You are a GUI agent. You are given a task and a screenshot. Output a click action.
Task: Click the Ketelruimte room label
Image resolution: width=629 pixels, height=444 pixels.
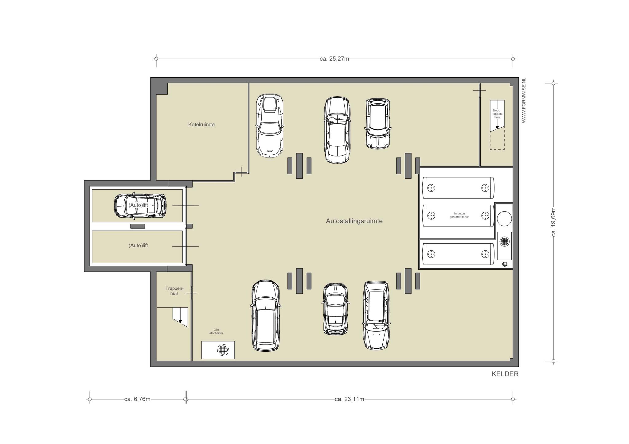coord(201,125)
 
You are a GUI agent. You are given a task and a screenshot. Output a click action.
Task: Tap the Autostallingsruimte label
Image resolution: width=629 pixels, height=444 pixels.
coord(354,221)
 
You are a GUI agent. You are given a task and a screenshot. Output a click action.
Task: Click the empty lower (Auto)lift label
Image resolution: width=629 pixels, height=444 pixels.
coord(138,245)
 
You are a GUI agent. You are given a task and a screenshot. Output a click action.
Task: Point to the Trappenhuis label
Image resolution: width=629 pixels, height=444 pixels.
coord(174,291)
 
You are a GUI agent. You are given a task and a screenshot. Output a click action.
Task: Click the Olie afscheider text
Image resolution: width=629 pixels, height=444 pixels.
coord(216,331)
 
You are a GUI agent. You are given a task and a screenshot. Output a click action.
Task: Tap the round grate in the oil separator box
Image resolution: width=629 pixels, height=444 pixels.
coord(223,349)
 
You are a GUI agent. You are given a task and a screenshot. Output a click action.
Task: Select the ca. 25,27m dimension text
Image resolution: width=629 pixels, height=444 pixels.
coord(334,59)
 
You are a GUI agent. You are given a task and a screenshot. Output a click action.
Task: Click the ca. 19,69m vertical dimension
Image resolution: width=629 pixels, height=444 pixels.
coord(554,222)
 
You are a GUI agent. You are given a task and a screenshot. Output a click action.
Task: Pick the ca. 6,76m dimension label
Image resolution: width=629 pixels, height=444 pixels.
coord(137,399)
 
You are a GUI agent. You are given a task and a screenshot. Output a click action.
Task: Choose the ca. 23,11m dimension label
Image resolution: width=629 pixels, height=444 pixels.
coord(350,399)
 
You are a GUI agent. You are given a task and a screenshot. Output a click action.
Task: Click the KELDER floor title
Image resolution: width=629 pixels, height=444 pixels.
coord(505,374)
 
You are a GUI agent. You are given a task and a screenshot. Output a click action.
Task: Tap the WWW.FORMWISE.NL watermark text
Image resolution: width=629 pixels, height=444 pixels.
coord(524,100)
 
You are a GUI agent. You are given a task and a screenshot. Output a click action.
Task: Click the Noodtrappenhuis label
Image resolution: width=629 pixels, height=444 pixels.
coord(497,114)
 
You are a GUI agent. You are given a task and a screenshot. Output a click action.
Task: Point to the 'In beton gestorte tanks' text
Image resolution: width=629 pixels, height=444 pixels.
coord(459,215)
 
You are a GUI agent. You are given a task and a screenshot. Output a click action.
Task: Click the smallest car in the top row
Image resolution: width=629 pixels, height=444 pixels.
coord(378,124)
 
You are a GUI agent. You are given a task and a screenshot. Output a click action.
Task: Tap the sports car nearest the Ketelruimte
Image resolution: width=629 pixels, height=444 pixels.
coord(270,125)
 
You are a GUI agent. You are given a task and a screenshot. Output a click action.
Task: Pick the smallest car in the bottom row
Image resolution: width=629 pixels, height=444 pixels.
coord(335,309)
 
